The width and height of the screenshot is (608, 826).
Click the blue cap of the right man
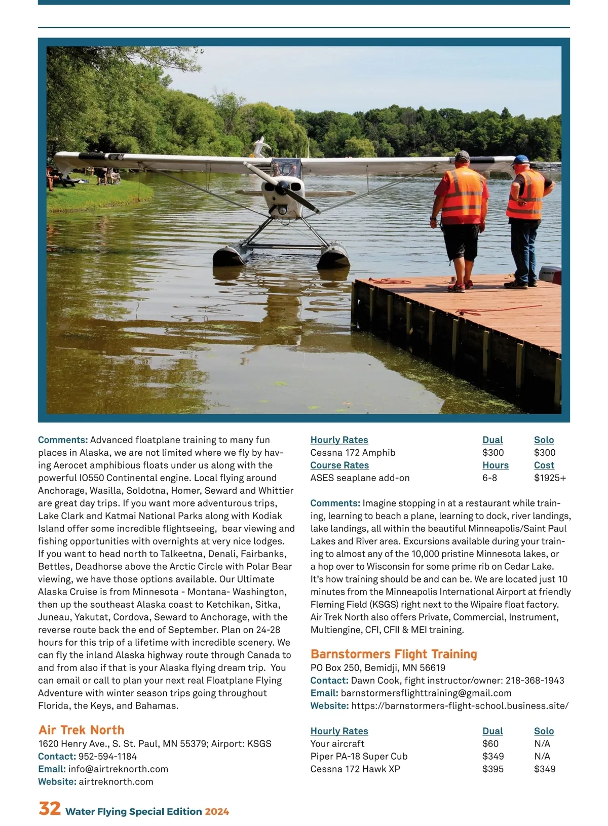coord(520,160)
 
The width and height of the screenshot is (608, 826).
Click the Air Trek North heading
coord(81,730)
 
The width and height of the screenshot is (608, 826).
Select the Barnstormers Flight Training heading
coord(394,654)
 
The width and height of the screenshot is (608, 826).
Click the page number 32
coord(50,808)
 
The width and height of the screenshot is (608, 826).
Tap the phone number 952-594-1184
coord(107,756)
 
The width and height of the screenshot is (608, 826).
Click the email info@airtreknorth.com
coord(118,769)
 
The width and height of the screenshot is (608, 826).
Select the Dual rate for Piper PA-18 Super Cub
coord(492,756)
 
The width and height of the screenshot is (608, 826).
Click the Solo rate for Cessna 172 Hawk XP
coord(544,769)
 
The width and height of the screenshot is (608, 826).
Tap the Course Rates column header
coord(339,465)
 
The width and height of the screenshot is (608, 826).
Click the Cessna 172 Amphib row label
coord(353,452)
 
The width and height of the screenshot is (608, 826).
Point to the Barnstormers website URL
coord(460,705)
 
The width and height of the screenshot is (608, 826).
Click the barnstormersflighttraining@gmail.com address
coord(426,693)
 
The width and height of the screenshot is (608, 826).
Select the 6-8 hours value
coord(489,478)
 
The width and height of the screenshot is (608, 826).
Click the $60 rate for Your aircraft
coord(490,743)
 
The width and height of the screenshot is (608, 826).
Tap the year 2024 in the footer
coord(217,811)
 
